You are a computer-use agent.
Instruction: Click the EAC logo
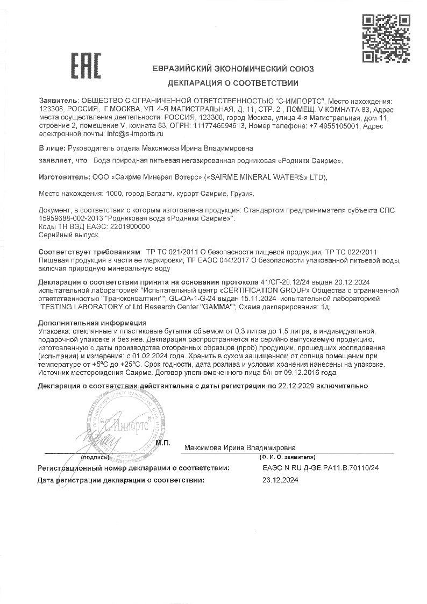coord(86,67)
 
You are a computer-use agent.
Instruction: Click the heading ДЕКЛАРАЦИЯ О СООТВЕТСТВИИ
coord(232,83)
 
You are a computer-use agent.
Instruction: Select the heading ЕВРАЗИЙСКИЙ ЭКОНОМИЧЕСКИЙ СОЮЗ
coord(233,69)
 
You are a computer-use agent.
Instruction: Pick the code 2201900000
coord(130,228)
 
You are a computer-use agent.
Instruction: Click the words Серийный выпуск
coord(69,235)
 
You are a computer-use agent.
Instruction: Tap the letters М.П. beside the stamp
coord(163,442)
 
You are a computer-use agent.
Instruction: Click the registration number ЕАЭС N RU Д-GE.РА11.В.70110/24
coord(321,468)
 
